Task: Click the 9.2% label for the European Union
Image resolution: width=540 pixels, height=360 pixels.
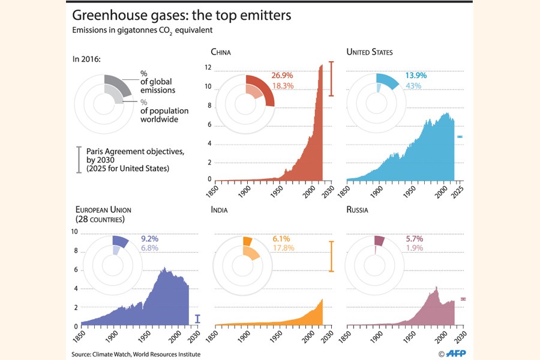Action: coord(150,238)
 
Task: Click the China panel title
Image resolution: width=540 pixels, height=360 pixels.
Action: coord(221,52)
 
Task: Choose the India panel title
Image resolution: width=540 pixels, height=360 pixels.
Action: coord(220,210)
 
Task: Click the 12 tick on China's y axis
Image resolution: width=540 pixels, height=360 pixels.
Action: coord(208,68)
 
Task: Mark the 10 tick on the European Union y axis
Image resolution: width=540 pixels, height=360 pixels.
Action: coord(75,232)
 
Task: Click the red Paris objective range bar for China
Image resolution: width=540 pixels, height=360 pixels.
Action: coord(331,79)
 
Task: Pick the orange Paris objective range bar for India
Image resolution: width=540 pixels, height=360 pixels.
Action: coord(331,256)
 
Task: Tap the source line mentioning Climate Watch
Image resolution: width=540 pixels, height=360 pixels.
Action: coord(136,355)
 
